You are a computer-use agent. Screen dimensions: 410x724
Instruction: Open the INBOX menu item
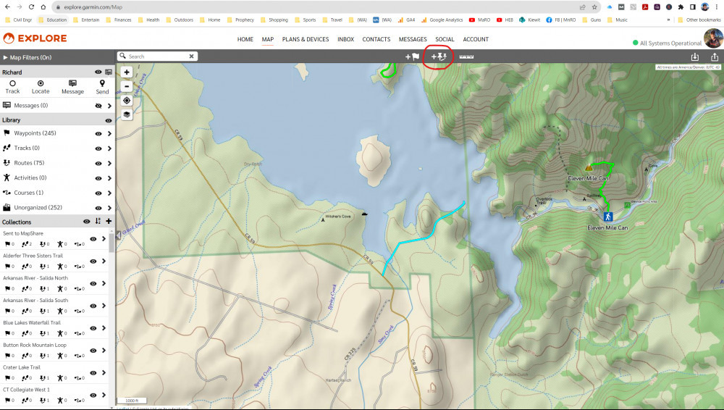[345, 39]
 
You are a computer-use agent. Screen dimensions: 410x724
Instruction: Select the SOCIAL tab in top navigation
[445, 39]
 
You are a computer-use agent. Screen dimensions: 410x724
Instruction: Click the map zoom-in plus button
[127, 72]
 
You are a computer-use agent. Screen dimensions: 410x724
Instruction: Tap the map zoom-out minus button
[127, 85]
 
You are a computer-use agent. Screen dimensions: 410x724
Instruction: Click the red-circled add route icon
[439, 56]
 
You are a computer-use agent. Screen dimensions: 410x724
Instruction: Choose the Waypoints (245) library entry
[35, 133]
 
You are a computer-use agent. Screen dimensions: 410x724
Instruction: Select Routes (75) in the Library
[29, 163]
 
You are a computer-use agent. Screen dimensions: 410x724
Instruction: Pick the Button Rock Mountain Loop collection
[44, 345]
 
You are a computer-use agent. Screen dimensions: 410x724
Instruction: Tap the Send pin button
[102, 87]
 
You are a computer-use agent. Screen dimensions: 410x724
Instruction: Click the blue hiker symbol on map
[607, 217]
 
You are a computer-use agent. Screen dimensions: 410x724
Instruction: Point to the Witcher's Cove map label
[337, 217]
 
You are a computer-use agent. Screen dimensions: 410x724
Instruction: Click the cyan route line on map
[424, 235]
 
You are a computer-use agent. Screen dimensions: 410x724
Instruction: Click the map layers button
[127, 114]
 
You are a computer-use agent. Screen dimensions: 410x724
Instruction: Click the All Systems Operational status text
[670, 43]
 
